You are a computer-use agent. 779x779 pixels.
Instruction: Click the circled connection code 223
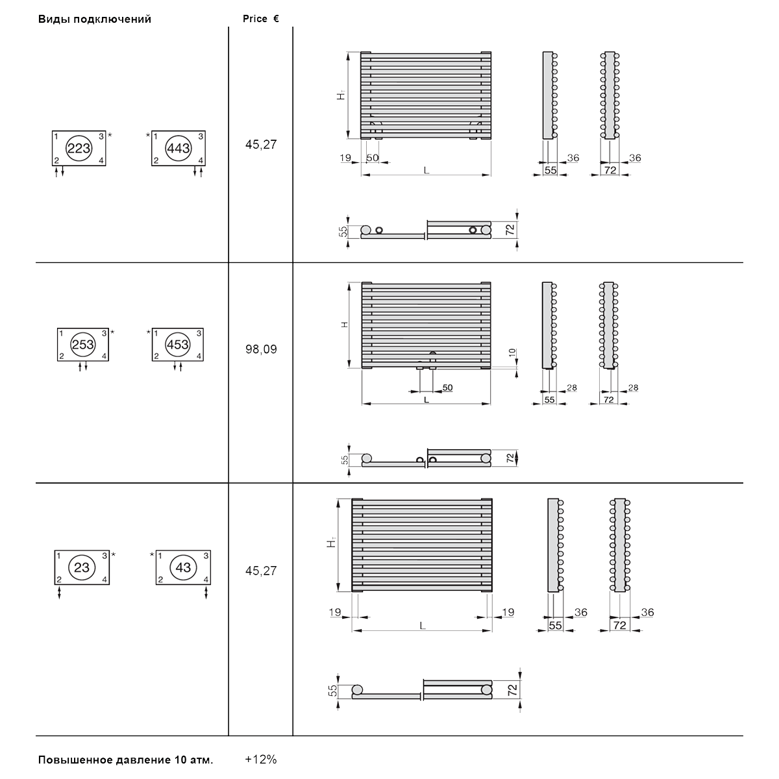pyautogui.click(x=79, y=149)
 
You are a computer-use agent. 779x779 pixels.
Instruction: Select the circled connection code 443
pyautogui.click(x=179, y=149)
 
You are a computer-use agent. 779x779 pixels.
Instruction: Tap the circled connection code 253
pyautogui.click(x=83, y=345)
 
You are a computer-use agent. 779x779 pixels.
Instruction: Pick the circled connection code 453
pyautogui.click(x=177, y=345)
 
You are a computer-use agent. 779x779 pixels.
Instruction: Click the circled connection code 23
pyautogui.click(x=82, y=567)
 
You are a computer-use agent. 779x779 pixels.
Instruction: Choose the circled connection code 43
pyautogui.click(x=183, y=567)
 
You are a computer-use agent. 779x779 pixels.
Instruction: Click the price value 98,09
pyautogui.click(x=261, y=349)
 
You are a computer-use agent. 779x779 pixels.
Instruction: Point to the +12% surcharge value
pyautogui.click(x=261, y=760)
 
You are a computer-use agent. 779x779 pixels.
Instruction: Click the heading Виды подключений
pyautogui.click(x=95, y=19)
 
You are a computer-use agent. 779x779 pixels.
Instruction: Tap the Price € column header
pyautogui.click(x=261, y=19)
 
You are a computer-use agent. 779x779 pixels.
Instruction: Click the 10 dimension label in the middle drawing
pyautogui.click(x=512, y=352)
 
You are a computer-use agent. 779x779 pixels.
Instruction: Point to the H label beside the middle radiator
pyautogui.click(x=345, y=325)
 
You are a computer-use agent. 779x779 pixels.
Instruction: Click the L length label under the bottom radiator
pyautogui.click(x=423, y=626)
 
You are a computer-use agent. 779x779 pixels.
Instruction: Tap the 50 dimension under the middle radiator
pyautogui.click(x=447, y=388)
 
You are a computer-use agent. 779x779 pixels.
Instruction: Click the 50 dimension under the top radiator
pyautogui.click(x=373, y=158)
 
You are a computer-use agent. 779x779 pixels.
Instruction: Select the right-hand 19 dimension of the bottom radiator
pyautogui.click(x=508, y=612)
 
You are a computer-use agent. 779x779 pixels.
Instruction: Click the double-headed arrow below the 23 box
pyautogui.click(x=60, y=593)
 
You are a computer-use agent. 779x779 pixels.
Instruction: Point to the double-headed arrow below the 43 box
pyautogui.click(x=206, y=593)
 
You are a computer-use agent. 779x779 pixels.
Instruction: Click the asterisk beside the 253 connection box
pyautogui.click(x=112, y=332)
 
